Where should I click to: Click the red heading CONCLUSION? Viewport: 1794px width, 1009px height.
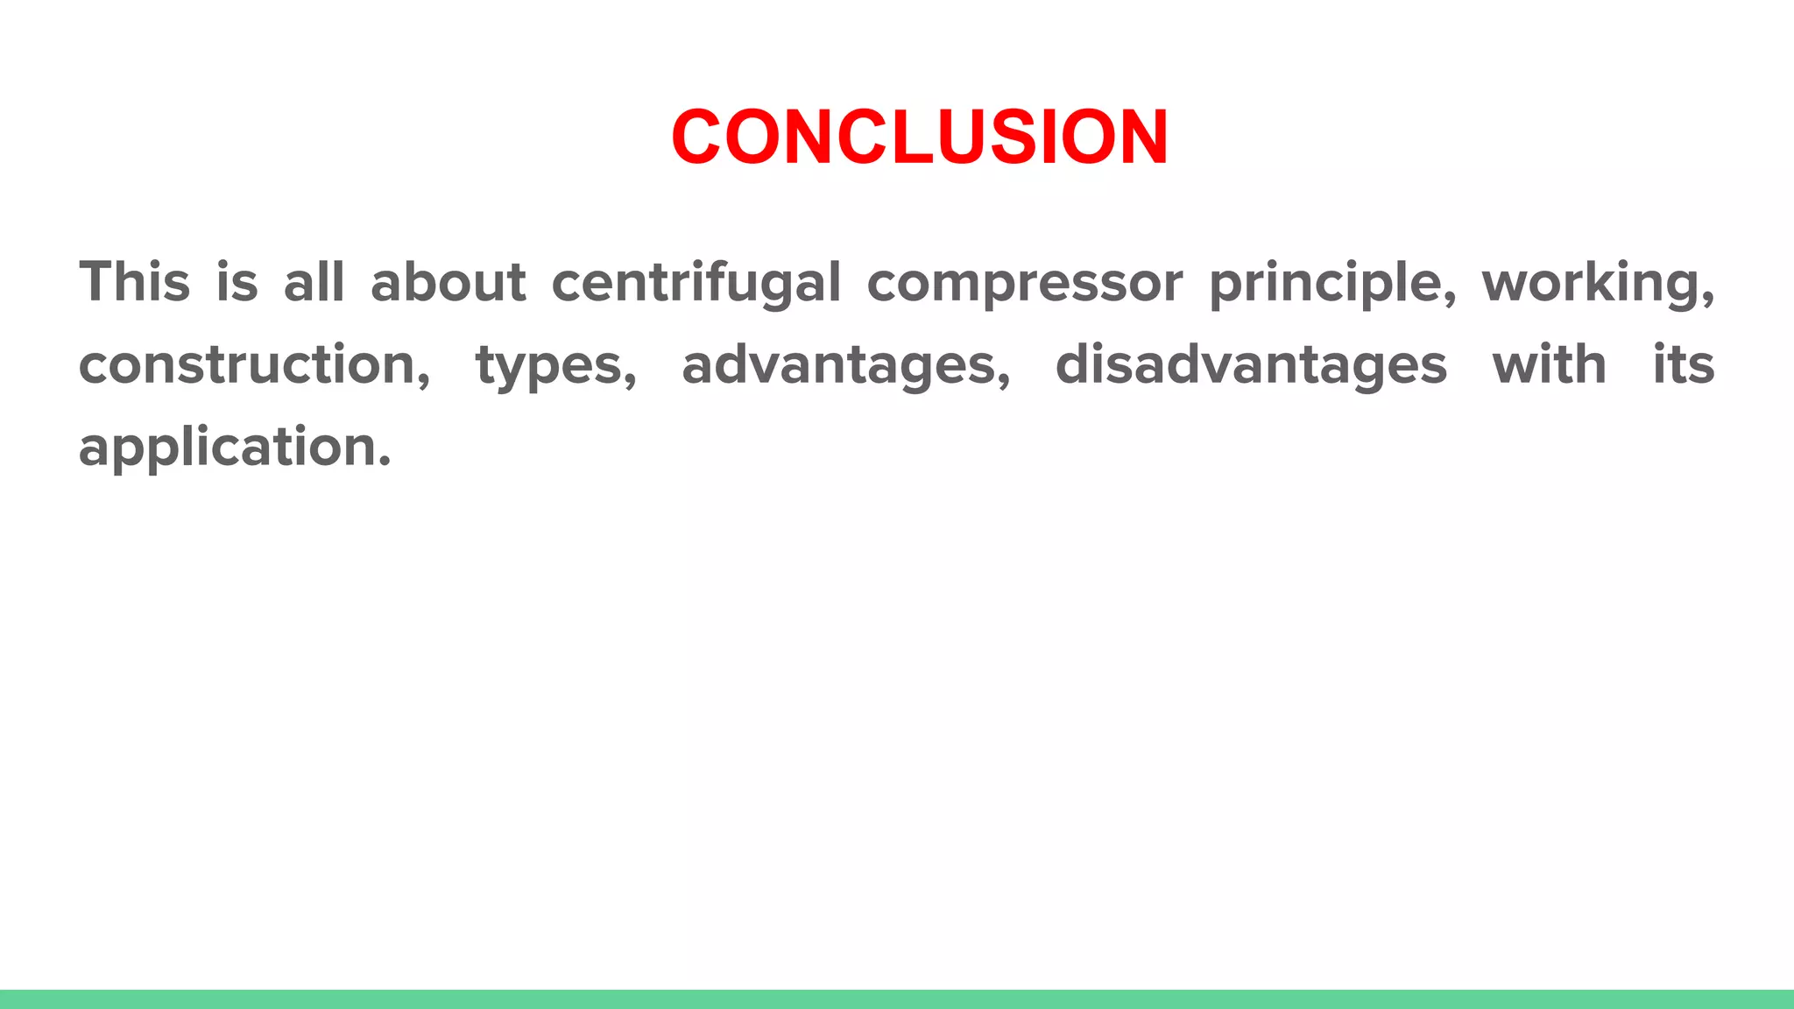919,138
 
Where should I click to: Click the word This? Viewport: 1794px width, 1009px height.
135,282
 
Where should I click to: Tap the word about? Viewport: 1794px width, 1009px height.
448,282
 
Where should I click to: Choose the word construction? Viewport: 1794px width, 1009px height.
247,364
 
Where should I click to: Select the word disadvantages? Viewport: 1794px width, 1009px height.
1251,364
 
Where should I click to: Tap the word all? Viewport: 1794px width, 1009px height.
314,282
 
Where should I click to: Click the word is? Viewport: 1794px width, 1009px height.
237,282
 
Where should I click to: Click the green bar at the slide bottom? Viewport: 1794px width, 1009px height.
897,998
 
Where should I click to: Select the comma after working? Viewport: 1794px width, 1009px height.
1707,298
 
